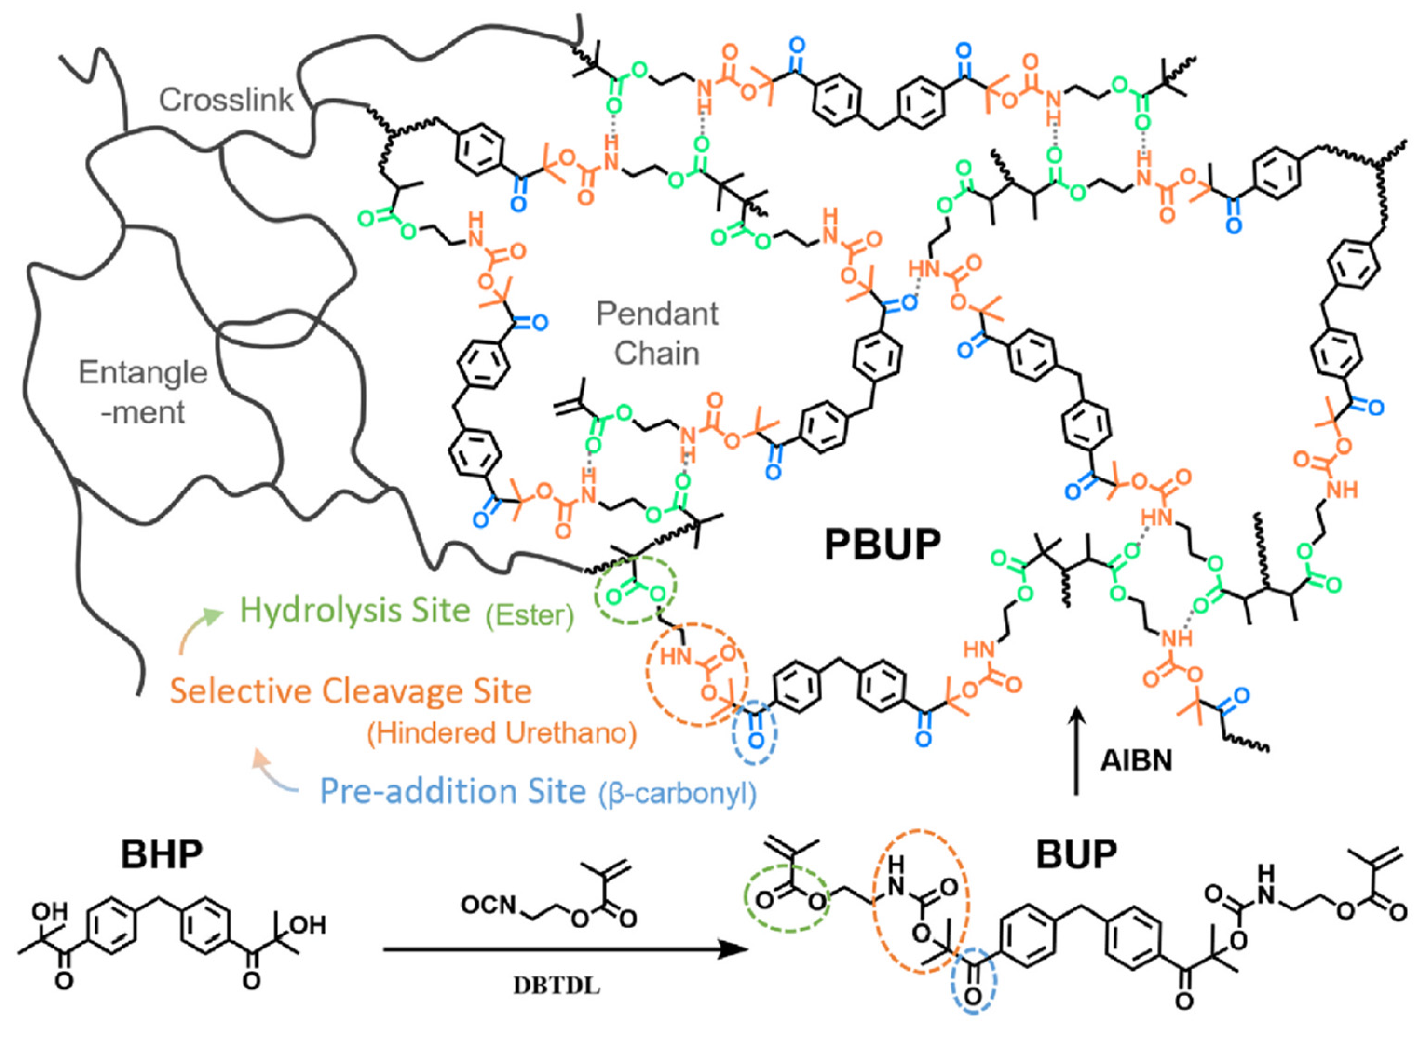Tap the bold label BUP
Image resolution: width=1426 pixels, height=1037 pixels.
click(1076, 853)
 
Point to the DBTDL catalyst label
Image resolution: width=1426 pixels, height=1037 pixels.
click(557, 985)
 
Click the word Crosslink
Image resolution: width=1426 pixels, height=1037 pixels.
click(226, 99)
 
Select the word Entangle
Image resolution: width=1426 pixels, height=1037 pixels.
click(143, 373)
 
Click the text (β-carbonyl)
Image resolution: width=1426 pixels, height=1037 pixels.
click(677, 794)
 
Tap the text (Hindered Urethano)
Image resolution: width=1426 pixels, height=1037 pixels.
click(502, 733)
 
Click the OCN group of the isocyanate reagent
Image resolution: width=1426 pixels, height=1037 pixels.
click(489, 906)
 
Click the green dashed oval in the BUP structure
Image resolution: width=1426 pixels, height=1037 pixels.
click(787, 901)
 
